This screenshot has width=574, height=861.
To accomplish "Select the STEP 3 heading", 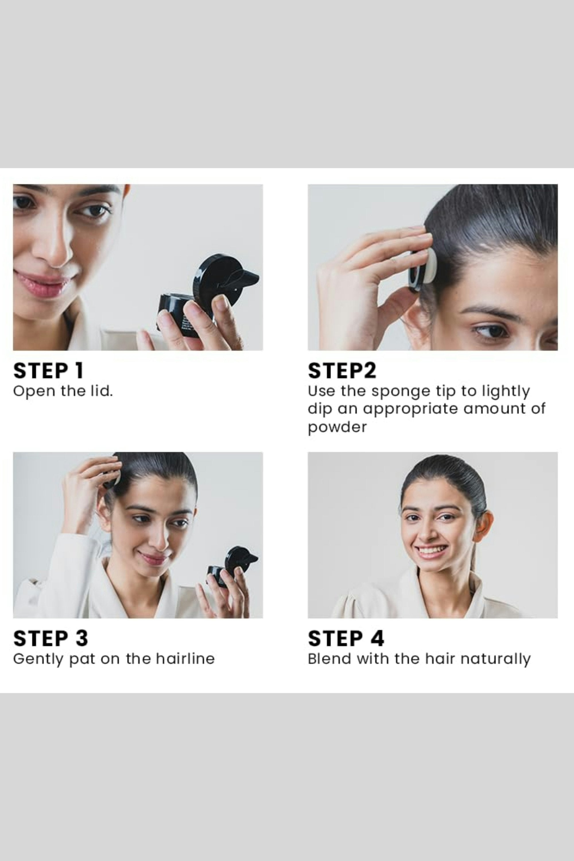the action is coord(51,638).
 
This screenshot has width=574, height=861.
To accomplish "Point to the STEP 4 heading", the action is coord(346,638).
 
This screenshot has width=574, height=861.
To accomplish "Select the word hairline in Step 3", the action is coord(185,659).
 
